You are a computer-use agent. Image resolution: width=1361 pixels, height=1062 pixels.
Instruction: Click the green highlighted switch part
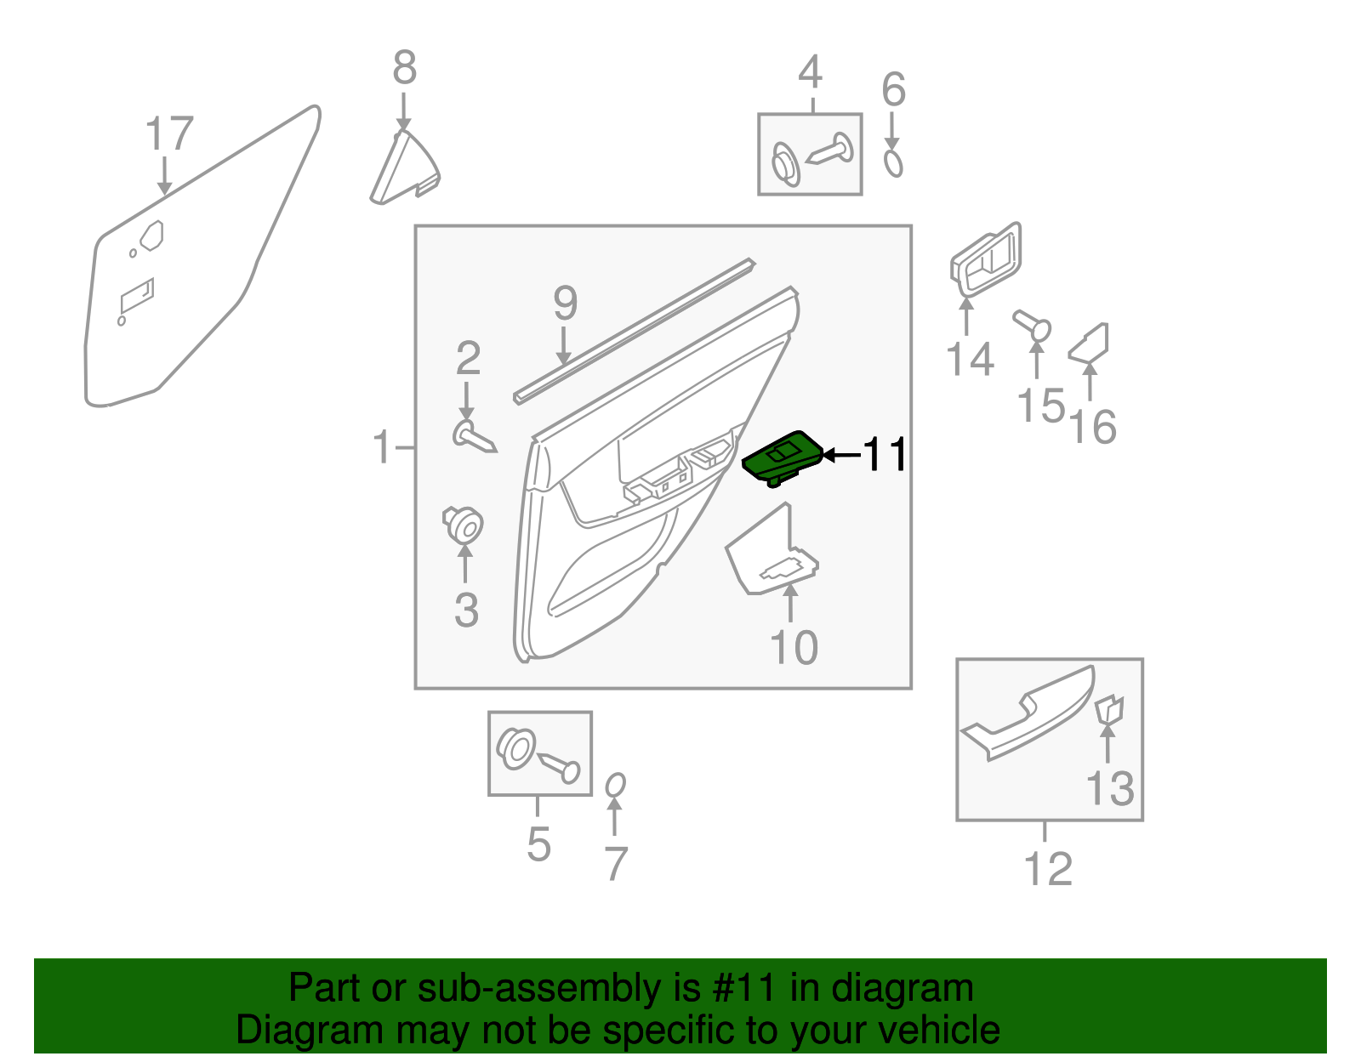(783, 459)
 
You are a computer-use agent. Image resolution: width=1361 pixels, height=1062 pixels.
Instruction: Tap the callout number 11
(886, 455)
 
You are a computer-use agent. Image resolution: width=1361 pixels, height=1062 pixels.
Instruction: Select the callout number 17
(169, 134)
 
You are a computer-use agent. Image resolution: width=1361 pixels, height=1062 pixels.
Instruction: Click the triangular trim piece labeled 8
(403, 171)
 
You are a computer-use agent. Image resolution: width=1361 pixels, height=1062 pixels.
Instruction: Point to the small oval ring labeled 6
(892, 162)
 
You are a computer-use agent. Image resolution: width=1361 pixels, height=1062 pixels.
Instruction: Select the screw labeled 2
(473, 438)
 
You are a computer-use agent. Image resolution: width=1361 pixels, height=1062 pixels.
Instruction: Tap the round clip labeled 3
(464, 523)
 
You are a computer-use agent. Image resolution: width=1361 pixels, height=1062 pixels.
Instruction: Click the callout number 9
(565, 304)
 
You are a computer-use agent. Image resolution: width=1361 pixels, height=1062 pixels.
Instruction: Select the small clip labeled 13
(1108, 708)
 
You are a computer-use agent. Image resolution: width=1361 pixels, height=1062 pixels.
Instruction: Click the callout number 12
(1047, 869)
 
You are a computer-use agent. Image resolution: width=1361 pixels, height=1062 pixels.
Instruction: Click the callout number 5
(538, 844)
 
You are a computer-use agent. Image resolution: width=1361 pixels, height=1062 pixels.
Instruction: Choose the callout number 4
(810, 73)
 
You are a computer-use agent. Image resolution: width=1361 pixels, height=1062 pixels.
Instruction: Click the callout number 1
(382, 447)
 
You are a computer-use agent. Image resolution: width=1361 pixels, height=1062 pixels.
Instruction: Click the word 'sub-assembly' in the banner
(515, 989)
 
